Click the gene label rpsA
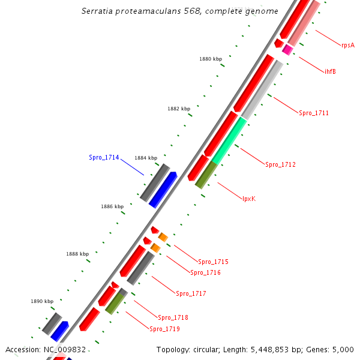pyautogui.click(x=347, y=45)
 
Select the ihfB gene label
pyautogui.click(x=330, y=71)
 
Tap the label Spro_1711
pyautogui.click(x=314, y=113)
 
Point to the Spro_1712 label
pyautogui.click(x=280, y=164)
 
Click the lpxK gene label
pyautogui.click(x=249, y=199)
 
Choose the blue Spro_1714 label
pyautogui.click(x=104, y=157)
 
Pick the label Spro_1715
pyautogui.click(x=213, y=262)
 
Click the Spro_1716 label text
pyautogui.click(x=205, y=272)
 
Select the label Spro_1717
pyautogui.click(x=191, y=293)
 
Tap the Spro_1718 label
pyautogui.click(x=173, y=317)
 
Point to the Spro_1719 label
pyautogui.click(x=164, y=329)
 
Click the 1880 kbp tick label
pyautogui.click(x=210, y=59)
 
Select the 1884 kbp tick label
pyautogui.click(x=146, y=158)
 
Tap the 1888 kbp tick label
pyautogui.click(x=77, y=254)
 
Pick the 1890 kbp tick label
pyautogui.click(x=42, y=301)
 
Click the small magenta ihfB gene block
pyautogui.click(x=288, y=50)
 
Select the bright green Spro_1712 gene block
pyautogui.click(x=229, y=140)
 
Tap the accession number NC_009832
pyautogui.click(x=66, y=349)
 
